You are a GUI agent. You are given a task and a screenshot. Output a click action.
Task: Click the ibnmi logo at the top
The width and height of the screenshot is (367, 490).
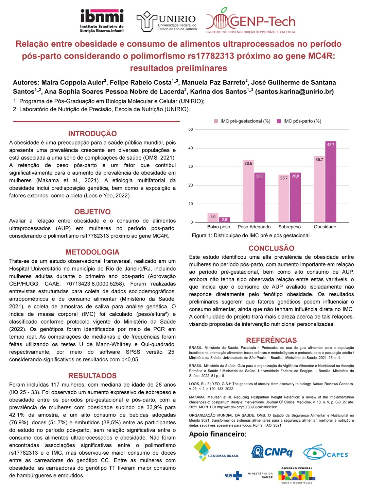(x=102, y=21)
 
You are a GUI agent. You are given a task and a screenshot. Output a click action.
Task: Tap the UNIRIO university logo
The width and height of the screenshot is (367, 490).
(x=167, y=21)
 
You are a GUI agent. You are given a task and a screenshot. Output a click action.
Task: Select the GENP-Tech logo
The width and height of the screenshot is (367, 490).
(x=251, y=21)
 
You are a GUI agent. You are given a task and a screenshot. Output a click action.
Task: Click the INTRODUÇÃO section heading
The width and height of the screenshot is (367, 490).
(x=92, y=134)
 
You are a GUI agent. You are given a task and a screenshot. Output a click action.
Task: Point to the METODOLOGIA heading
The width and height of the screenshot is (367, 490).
(x=92, y=252)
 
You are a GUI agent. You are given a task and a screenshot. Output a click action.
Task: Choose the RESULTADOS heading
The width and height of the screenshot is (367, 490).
(x=92, y=376)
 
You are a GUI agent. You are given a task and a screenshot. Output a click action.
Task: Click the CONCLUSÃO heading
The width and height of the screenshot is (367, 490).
(x=272, y=248)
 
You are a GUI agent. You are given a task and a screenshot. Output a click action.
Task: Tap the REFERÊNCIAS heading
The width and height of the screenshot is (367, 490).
(x=272, y=340)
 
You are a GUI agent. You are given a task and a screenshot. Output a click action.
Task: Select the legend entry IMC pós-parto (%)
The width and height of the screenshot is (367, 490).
(x=299, y=121)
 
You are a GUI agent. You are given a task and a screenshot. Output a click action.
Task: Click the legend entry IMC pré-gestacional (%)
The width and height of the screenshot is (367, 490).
(x=242, y=121)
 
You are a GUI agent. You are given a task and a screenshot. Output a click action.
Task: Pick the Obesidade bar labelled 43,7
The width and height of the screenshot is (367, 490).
(x=331, y=182)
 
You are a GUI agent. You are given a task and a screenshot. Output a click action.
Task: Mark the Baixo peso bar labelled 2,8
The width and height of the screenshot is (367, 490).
(x=224, y=220)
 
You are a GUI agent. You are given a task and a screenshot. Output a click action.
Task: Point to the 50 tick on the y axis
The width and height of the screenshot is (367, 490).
(x=191, y=129)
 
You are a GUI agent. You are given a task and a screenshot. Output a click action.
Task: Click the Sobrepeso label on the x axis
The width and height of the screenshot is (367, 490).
(x=290, y=227)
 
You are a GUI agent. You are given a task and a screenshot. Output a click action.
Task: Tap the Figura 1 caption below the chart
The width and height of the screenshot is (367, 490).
(x=251, y=235)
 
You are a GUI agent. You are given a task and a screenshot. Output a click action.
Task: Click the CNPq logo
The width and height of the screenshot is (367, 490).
(x=272, y=452)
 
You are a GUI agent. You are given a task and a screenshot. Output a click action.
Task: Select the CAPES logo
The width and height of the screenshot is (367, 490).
(x=326, y=453)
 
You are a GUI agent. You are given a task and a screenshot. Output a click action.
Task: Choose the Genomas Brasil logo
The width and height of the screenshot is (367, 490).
(x=216, y=451)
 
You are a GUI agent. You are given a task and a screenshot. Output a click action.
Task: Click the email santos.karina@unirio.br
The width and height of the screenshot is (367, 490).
(x=294, y=92)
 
